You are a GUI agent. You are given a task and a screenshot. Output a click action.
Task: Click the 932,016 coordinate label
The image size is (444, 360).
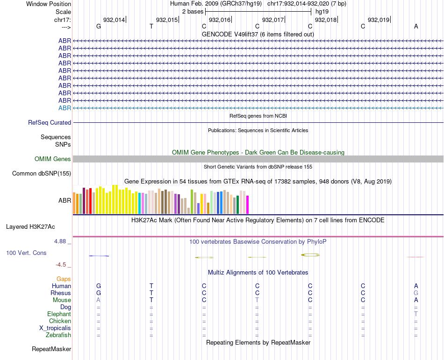(220, 20)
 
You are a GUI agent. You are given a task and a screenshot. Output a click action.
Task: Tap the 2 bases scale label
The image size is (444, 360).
(193, 11)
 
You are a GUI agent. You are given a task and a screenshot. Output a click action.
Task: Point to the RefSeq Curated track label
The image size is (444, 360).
(50, 122)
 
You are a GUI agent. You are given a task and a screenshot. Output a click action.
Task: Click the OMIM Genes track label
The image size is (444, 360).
(53, 159)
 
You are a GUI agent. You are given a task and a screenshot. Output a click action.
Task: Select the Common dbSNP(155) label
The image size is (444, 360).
(42, 174)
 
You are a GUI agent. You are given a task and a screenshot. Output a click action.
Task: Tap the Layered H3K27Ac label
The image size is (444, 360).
(30, 227)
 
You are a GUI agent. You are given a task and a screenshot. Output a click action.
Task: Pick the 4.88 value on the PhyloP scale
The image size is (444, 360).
(61, 241)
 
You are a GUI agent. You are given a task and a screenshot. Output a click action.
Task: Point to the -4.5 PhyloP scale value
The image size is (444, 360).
(61, 265)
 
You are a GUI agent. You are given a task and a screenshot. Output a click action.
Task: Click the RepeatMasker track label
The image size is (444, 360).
(51, 349)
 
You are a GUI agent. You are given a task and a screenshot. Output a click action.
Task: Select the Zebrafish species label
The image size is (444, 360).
(58, 335)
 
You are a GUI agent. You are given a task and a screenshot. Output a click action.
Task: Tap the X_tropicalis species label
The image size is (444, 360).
(55, 328)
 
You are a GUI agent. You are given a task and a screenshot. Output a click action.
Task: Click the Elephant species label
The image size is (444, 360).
(59, 314)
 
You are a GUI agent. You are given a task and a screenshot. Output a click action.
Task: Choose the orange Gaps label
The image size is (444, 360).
(64, 279)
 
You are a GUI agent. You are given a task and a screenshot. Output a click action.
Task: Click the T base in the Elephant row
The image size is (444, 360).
(416, 314)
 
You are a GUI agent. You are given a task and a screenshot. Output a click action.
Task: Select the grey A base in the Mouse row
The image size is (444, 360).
(98, 300)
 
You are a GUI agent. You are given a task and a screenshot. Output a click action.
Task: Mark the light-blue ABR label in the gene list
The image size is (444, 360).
(64, 108)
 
